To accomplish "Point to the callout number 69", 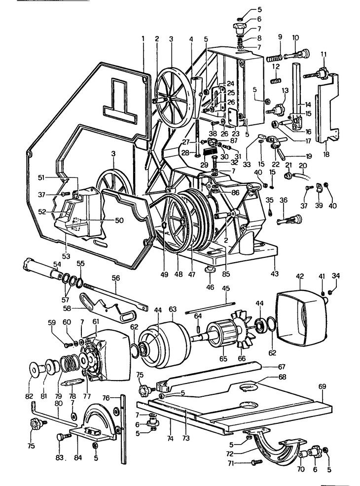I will (x=322, y=387).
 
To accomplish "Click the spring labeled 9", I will (x=273, y=58).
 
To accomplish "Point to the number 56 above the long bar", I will (x=116, y=278).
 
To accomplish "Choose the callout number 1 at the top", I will (x=144, y=38).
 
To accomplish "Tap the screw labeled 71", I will (x=256, y=462).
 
